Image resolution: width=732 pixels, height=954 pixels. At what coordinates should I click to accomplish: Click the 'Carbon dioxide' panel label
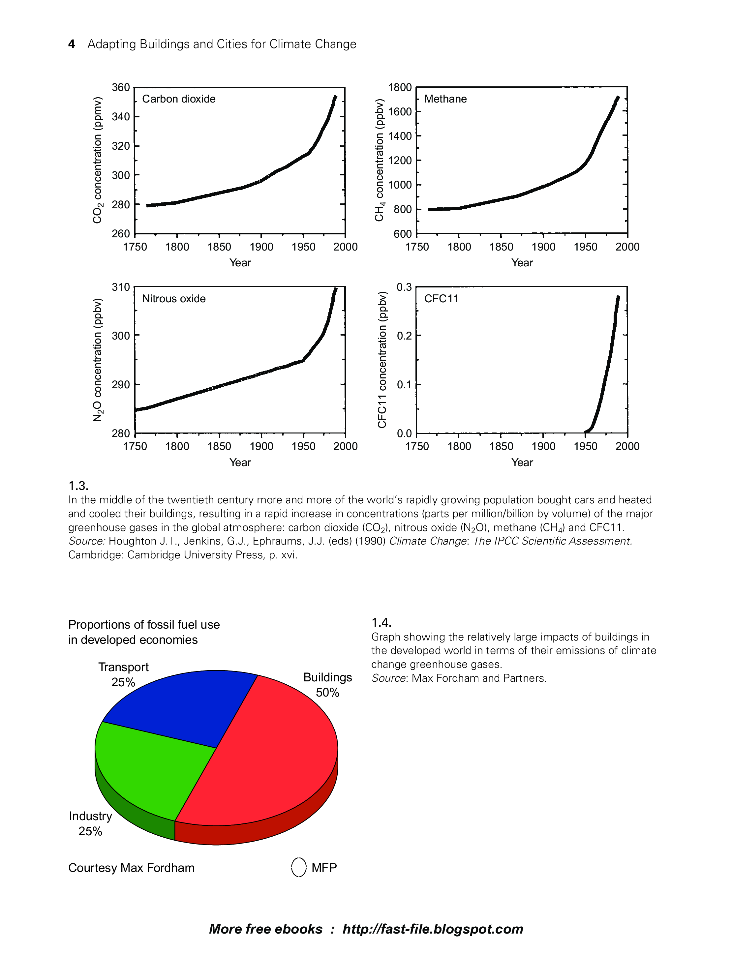[x=179, y=99]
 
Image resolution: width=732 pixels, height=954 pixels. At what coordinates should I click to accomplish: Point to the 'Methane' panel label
[x=445, y=99]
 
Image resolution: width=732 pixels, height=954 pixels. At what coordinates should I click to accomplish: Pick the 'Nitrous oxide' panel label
[x=174, y=299]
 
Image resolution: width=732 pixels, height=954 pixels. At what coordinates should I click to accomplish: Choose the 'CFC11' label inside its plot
[x=442, y=299]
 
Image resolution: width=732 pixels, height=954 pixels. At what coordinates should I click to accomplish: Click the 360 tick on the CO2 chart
[x=121, y=88]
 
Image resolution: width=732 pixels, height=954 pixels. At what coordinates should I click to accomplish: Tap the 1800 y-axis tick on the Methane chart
[x=400, y=88]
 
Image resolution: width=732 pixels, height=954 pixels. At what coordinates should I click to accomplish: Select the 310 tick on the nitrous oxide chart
[x=121, y=287]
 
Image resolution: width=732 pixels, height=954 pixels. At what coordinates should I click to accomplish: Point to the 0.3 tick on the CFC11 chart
[x=404, y=287]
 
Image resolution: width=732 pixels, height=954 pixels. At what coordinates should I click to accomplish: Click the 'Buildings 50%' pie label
[x=328, y=685]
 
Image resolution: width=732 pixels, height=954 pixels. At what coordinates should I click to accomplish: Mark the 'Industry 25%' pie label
[x=90, y=823]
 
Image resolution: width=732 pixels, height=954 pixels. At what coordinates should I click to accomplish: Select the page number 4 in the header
[x=72, y=44]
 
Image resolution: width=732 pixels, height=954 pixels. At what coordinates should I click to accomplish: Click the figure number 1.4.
[x=381, y=622]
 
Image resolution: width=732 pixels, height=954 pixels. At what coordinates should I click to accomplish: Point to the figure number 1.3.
[x=78, y=485]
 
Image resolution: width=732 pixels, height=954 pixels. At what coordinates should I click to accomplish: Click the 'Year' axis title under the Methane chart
[x=522, y=263]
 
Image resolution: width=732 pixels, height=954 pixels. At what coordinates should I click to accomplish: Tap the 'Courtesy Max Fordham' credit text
[x=131, y=868]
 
